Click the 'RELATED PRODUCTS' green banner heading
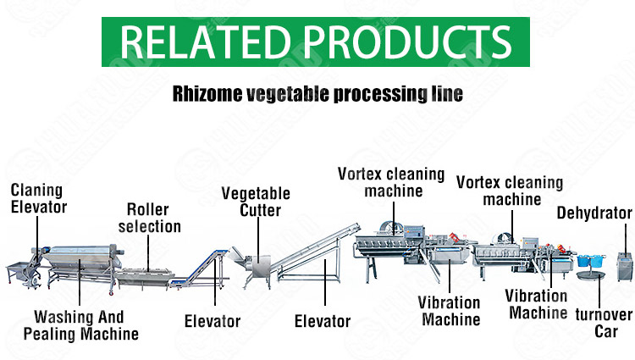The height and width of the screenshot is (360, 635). click(316, 42)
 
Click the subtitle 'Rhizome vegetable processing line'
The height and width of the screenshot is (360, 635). click(317, 94)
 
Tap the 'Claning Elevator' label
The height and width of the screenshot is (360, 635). click(38, 198)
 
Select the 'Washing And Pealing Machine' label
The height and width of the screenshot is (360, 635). click(80, 325)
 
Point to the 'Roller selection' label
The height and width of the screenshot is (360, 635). click(149, 218)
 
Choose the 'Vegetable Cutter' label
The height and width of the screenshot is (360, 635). click(256, 202)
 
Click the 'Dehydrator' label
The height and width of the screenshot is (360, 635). click(594, 213)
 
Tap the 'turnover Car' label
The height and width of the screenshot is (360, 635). click(604, 323)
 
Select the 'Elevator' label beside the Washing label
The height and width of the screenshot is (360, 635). click(213, 321)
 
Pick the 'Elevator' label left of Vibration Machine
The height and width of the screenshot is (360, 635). click(323, 321)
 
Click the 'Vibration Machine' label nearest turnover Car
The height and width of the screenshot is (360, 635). click(536, 304)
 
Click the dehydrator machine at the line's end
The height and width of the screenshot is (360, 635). click(624, 267)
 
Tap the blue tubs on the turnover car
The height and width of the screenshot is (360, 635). click(591, 261)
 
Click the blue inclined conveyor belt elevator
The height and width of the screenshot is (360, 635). click(198, 269)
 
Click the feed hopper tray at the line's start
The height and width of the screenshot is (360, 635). click(19, 269)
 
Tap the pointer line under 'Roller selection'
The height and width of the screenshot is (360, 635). click(148, 253)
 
